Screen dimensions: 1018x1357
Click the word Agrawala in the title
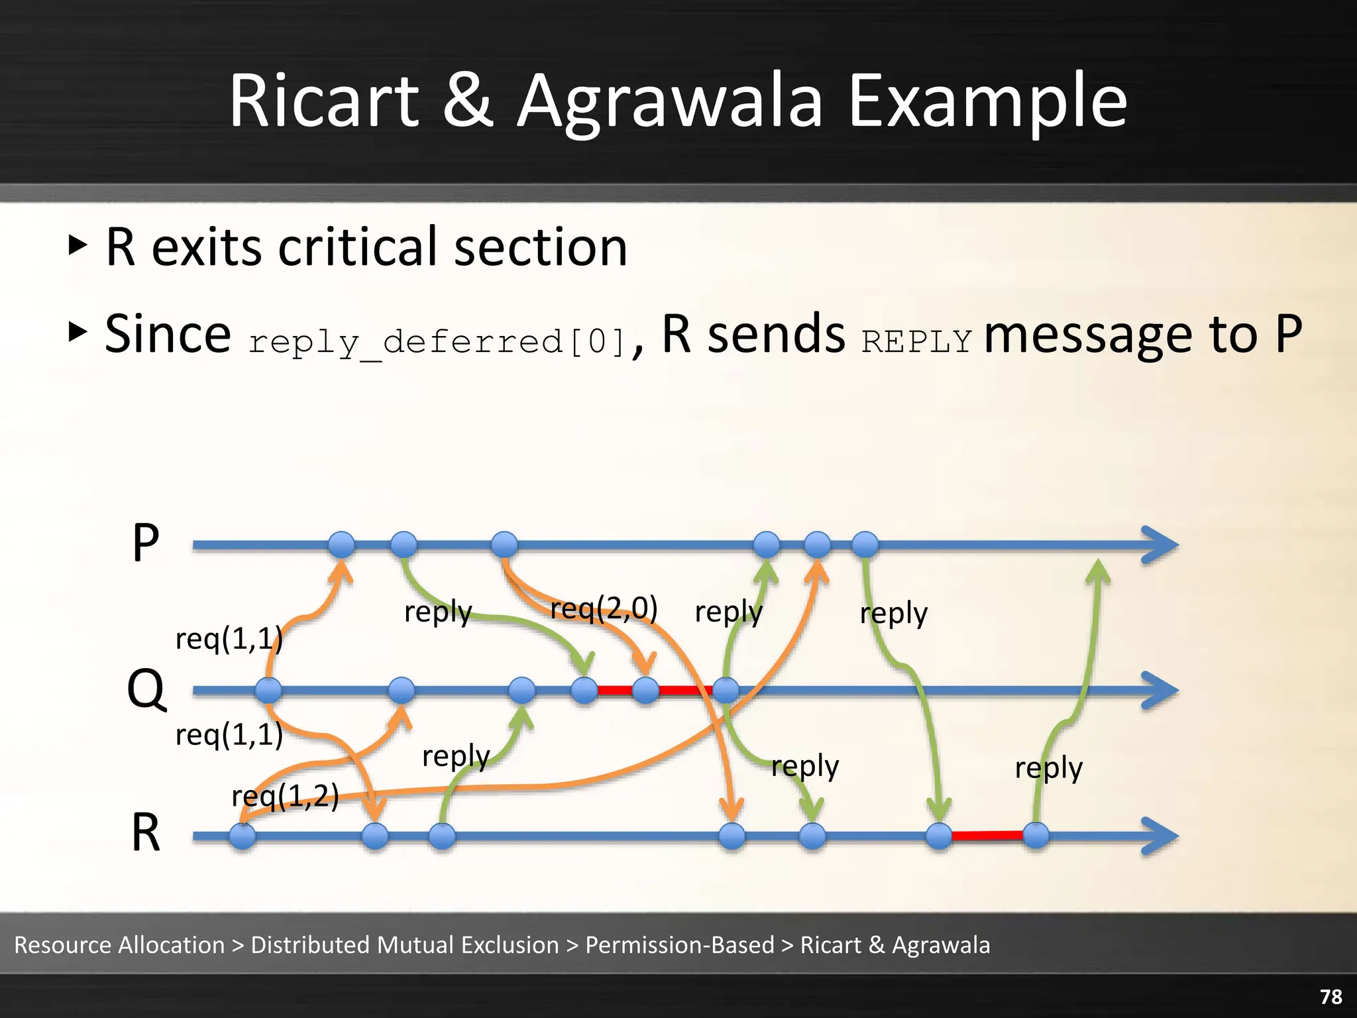pos(669,103)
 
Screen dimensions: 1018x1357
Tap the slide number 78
pos(1330,996)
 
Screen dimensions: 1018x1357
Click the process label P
pos(146,543)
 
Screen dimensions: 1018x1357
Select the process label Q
pos(146,689)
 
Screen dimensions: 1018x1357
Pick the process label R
pos(146,833)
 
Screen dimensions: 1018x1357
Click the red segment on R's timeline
pos(987,835)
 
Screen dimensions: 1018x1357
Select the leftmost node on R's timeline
pos(243,836)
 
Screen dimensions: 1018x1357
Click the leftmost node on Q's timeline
pos(268,691)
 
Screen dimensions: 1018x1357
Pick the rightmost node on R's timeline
pos(1036,836)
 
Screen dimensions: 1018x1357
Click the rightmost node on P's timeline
pos(865,545)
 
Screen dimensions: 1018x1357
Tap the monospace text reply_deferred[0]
pos(437,342)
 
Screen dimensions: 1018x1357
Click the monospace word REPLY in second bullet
pos(916,342)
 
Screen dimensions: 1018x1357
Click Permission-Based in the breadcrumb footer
pos(679,944)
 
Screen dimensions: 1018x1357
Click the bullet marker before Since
pos(78,331)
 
